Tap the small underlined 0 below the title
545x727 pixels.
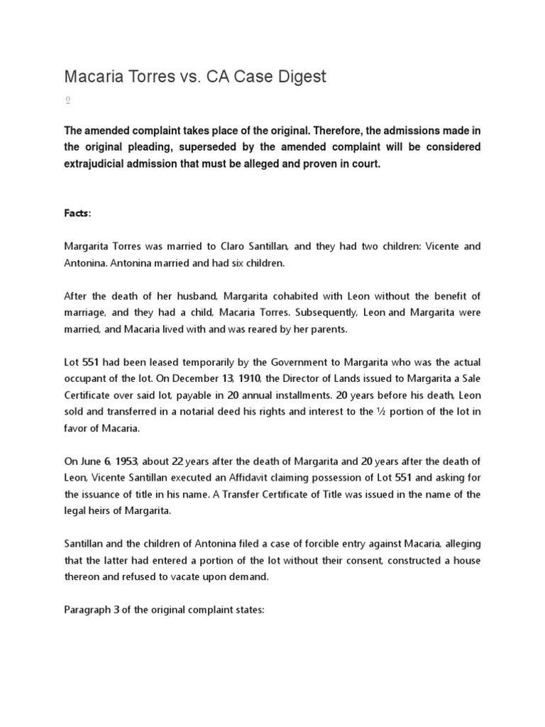[67, 101]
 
